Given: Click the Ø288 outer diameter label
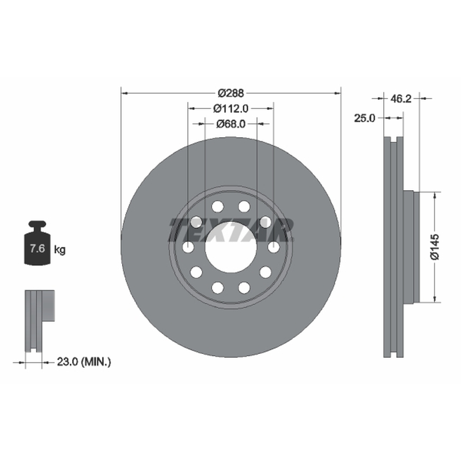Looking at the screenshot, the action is (231, 93).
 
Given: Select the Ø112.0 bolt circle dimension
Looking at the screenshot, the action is (231, 108).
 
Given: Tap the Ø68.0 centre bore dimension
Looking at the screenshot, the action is (231, 124).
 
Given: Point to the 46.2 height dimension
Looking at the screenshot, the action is (401, 99).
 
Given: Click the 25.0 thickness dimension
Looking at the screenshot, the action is (365, 118).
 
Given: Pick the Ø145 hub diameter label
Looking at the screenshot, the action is (435, 247).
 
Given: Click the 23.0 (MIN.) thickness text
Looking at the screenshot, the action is (84, 362).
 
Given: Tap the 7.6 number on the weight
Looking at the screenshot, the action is (37, 248).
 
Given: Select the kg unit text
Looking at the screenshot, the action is (60, 250).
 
